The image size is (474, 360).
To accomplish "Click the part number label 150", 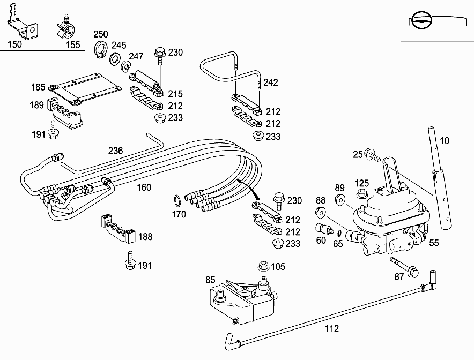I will pyautogui.click(x=15, y=44).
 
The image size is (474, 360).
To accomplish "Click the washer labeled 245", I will pyautogui.click(x=115, y=58).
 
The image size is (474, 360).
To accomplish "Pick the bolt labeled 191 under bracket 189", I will pyautogui.click(x=53, y=130).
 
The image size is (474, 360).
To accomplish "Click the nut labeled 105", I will pyautogui.click(x=263, y=266).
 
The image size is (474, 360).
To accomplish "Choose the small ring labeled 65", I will pyautogui.click(x=339, y=232).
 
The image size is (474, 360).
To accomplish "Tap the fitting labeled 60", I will pyautogui.click(x=323, y=229).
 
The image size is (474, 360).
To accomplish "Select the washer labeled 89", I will pyautogui.click(x=340, y=200).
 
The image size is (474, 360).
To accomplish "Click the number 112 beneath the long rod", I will pyautogui.click(x=332, y=329).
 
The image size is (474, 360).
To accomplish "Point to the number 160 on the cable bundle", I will pyautogui.click(x=144, y=187).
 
